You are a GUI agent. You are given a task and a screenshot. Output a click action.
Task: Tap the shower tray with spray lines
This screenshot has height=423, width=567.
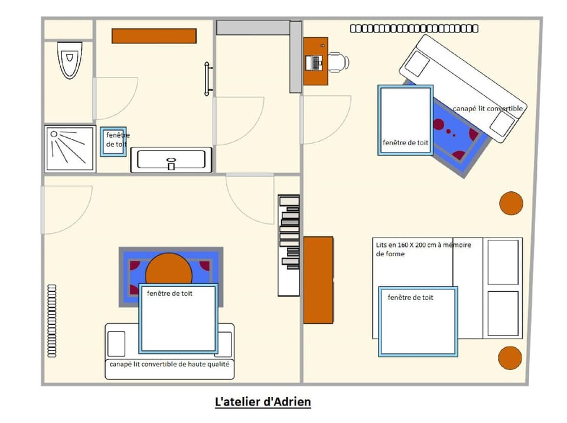70,148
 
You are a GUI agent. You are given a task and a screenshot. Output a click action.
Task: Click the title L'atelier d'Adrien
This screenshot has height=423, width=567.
263,402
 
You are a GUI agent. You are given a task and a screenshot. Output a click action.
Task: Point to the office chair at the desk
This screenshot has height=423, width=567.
338,61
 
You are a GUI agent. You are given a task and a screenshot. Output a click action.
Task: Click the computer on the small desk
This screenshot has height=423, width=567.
315,61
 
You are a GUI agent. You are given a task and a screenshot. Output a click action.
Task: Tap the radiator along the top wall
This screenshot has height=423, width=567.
413,28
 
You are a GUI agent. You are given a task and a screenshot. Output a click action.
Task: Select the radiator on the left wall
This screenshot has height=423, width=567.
53,321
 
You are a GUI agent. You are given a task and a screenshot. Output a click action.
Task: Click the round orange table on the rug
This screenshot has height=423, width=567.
169,271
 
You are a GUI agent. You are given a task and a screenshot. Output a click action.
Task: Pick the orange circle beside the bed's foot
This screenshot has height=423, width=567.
510,358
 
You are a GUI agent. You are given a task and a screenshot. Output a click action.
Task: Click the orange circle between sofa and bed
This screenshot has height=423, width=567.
511,203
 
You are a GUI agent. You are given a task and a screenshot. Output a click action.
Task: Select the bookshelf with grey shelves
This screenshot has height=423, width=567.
289,245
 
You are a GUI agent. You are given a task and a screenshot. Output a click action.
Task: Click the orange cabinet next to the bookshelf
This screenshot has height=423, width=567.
318,279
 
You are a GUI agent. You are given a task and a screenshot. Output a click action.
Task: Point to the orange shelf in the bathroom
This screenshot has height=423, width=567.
154,36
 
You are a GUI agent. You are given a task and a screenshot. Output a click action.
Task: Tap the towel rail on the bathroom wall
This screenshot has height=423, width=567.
207,79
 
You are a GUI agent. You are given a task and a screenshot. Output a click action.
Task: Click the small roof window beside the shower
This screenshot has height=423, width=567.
112,142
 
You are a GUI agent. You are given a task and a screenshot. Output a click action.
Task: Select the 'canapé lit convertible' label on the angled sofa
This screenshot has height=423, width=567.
488,109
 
